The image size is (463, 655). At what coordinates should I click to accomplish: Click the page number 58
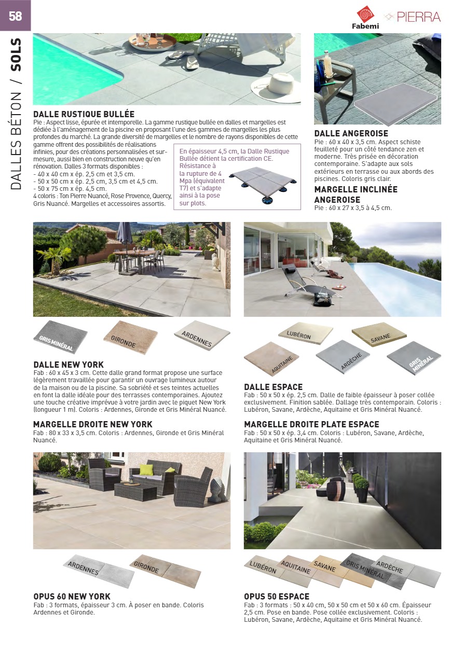tap(15, 16)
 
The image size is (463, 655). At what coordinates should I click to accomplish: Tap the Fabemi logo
tap(366, 18)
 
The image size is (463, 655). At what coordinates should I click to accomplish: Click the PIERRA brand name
tap(418, 17)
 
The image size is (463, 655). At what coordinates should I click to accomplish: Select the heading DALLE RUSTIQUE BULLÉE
tap(84, 114)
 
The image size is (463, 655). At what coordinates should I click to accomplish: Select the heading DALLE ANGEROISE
tap(351, 134)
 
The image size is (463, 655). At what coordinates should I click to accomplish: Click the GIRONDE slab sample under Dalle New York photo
tap(130, 337)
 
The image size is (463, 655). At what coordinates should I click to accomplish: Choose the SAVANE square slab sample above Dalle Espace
tap(378, 335)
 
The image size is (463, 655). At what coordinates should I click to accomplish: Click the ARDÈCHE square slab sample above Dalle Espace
tap(343, 357)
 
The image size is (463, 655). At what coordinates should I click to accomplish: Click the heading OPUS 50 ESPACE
tap(277, 596)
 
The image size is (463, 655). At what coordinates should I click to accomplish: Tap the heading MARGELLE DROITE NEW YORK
tap(93, 424)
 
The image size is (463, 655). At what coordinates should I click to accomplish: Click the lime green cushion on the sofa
tap(147, 469)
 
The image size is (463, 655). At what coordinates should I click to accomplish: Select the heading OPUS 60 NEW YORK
tap(72, 596)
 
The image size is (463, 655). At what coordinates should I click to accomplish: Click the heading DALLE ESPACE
tap(273, 387)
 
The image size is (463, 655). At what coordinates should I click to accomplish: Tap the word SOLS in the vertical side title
tap(16, 54)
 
